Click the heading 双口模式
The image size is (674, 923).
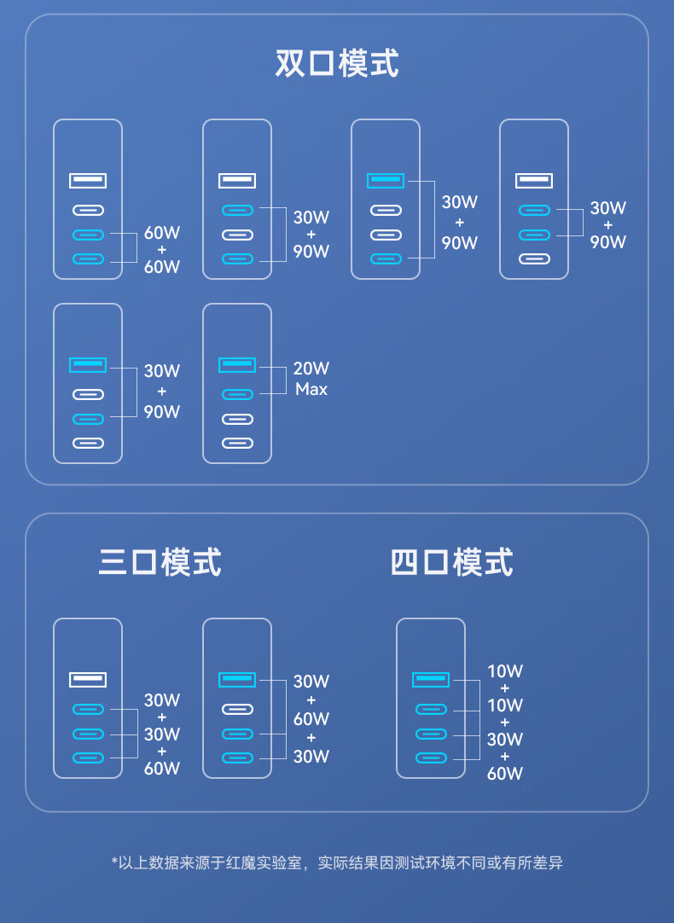337,64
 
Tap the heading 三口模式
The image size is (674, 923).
160,563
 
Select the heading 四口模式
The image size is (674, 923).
451,563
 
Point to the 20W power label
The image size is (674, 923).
311,369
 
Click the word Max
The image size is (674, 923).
311,389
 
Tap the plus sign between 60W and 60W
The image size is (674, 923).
162,250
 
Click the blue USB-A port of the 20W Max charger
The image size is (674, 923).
237,364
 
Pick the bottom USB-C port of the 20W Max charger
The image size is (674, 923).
237,443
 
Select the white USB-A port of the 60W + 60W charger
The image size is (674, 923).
88,180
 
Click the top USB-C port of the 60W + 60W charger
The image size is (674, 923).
88,210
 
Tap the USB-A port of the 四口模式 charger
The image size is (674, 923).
431,679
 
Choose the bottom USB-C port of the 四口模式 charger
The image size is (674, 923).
431,758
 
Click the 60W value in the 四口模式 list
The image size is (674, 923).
504,774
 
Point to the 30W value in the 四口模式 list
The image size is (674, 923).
504,740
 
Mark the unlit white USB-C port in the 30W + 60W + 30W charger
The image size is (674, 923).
237,709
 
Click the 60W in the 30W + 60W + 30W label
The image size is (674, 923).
311,719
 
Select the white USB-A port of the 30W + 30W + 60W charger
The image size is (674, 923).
88,679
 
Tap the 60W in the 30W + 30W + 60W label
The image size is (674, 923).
162,768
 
